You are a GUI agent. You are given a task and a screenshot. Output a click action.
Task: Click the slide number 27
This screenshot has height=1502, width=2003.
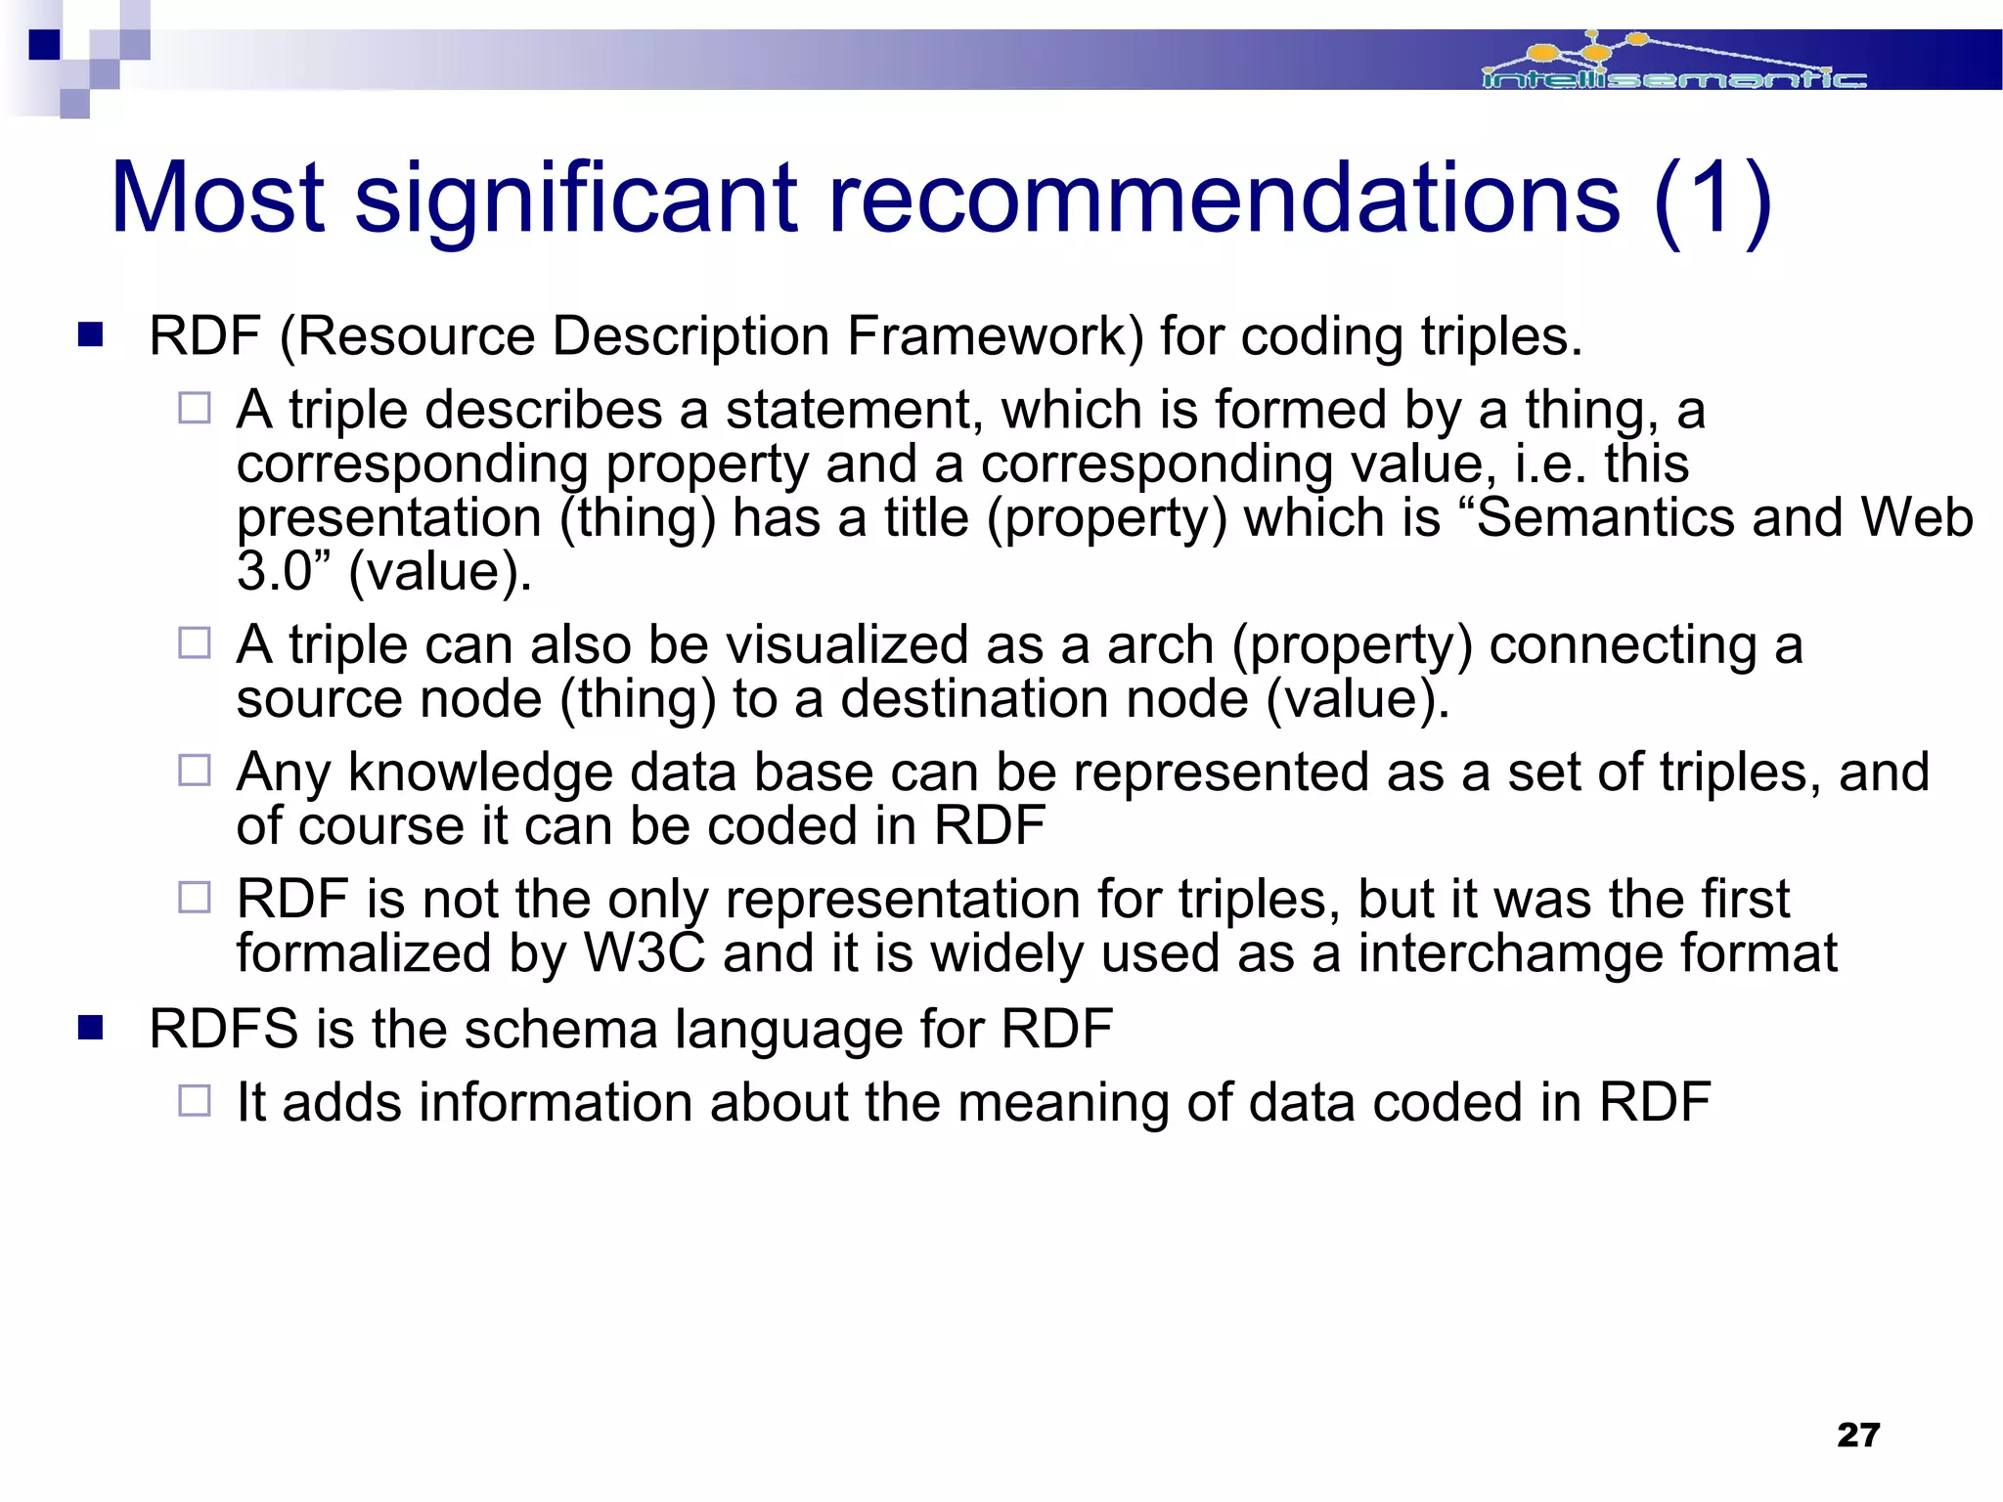(1858, 1435)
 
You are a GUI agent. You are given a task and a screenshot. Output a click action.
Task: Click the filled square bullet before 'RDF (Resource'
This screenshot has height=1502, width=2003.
(91, 335)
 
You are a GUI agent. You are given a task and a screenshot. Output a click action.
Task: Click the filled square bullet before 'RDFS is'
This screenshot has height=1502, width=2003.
(91, 1028)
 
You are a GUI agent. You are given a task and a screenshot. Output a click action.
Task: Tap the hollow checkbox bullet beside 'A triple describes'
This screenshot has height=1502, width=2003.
(195, 408)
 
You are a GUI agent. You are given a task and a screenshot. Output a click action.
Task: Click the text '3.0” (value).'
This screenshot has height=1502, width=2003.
(383, 571)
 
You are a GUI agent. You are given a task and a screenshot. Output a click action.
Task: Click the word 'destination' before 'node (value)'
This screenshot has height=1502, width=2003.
(974, 699)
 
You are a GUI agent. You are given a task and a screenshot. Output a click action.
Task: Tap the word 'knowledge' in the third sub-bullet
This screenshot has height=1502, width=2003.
(479, 773)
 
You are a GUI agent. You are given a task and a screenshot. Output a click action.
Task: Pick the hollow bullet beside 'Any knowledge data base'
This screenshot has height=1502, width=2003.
(195, 771)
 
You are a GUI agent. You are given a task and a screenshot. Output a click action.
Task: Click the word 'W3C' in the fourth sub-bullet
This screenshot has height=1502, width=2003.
(645, 953)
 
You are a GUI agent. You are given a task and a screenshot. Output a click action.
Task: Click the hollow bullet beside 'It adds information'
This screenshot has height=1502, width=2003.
(195, 1101)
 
